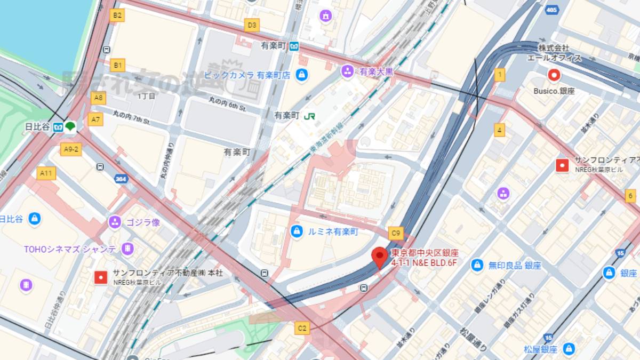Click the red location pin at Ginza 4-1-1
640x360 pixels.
click(379, 258)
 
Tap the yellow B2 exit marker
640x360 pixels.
click(117, 15)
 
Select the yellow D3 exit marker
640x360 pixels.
click(252, 25)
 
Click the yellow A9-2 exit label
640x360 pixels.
click(70, 149)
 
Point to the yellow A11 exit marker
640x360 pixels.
click(46, 173)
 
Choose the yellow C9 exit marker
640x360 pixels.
click(395, 233)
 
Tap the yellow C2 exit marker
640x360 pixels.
click(302, 327)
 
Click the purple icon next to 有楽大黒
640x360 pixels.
click(348, 71)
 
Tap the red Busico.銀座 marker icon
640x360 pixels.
click(554, 75)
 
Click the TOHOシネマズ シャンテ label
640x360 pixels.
click(70, 249)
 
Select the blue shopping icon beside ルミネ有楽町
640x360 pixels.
click(296, 231)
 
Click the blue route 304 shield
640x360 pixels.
click(121, 179)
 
